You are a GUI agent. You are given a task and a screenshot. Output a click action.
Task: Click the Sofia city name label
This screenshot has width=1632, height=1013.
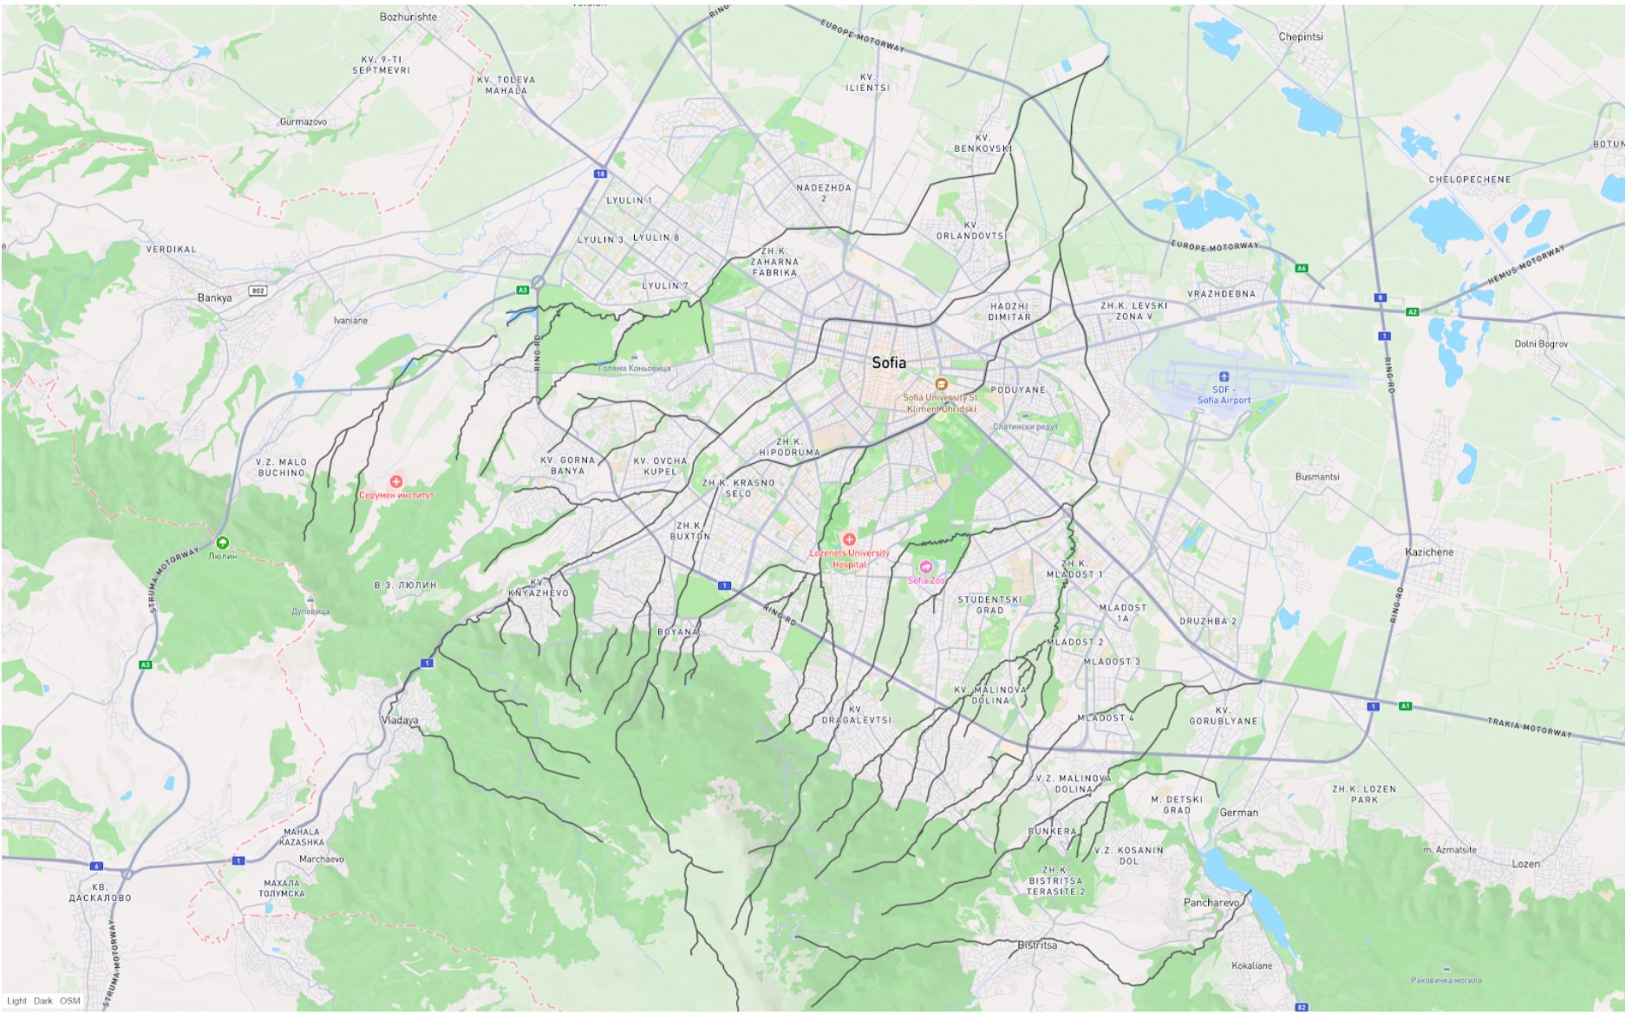coord(889,363)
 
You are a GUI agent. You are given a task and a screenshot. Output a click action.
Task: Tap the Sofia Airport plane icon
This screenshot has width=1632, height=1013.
coord(1224,376)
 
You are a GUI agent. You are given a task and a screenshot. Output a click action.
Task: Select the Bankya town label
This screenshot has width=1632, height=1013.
coord(214,297)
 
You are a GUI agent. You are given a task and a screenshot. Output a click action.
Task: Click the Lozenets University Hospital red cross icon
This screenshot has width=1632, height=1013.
coord(849,539)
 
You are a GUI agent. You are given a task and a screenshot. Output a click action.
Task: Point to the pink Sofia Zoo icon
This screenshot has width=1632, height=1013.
coord(925,567)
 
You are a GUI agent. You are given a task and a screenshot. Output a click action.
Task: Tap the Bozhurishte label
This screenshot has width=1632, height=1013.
coord(408,16)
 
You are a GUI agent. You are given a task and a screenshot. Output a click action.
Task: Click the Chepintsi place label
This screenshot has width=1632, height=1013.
coord(1301,36)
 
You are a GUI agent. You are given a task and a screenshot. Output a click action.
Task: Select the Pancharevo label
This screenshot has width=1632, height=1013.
coord(1211,902)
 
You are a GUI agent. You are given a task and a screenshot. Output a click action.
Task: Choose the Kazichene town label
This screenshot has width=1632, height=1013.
coord(1429,552)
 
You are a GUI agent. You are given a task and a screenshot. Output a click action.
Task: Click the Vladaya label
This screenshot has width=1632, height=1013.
coord(400,720)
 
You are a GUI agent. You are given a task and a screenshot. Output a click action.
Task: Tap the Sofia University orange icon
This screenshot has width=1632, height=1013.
coord(941,383)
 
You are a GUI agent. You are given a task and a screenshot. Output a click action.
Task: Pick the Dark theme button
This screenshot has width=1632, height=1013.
coord(43,1001)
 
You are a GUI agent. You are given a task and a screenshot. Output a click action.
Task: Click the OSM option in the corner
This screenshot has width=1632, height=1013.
coord(70,1001)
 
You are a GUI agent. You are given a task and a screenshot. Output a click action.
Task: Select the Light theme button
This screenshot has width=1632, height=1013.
coord(16,1001)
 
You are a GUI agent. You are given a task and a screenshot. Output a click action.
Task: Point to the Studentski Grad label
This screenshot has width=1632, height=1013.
coord(989,605)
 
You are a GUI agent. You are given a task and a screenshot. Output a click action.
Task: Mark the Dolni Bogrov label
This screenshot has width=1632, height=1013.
coord(1541,344)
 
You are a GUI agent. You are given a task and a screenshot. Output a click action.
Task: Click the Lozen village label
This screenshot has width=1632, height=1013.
coord(1526,864)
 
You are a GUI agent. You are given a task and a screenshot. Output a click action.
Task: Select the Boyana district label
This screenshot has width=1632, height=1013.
coord(678,631)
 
